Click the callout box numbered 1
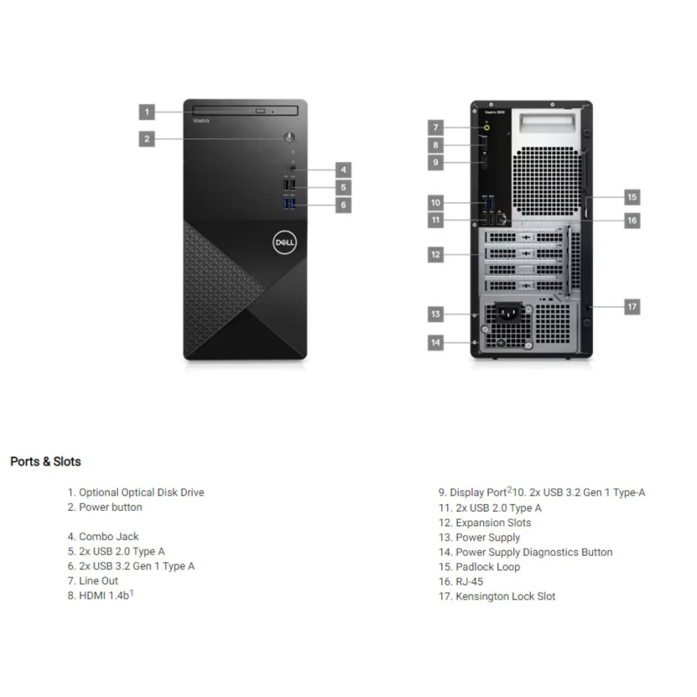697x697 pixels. pyautogui.click(x=147, y=112)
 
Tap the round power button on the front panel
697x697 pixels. pyautogui.click(x=290, y=137)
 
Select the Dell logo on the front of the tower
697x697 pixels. pyautogui.click(x=284, y=243)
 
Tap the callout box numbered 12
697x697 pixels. pyautogui.click(x=436, y=254)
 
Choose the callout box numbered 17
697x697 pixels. pyautogui.click(x=632, y=307)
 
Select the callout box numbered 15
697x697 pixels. pyautogui.click(x=632, y=197)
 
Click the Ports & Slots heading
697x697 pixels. pyautogui.click(x=46, y=462)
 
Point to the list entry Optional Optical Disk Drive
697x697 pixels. pyautogui.click(x=136, y=492)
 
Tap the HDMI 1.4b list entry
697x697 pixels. pyautogui.click(x=101, y=596)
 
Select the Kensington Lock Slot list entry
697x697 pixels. pyautogui.click(x=497, y=596)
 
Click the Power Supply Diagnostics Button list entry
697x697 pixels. pyautogui.click(x=526, y=552)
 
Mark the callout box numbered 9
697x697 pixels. pyautogui.click(x=436, y=162)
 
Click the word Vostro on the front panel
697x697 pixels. pyautogui.click(x=201, y=121)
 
